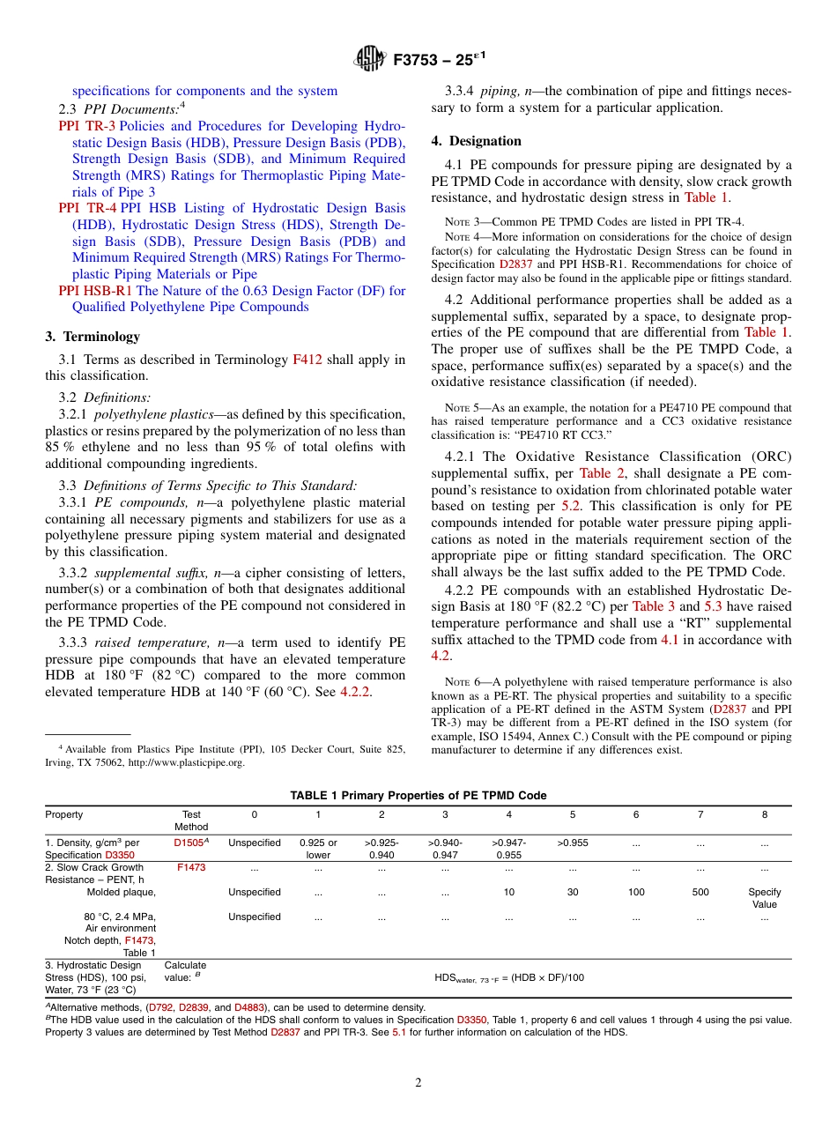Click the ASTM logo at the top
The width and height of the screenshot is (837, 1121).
369,59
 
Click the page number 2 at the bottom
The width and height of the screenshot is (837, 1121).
418,1083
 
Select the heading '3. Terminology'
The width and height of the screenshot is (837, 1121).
93,337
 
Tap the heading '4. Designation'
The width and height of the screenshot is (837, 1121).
476,141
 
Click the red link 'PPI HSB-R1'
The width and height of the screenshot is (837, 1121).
95,291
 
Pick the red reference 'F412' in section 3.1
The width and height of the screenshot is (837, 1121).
307,360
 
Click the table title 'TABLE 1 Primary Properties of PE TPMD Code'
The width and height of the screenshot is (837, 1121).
418,795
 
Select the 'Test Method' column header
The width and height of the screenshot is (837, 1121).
191,820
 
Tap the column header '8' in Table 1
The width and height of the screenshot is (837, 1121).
764,815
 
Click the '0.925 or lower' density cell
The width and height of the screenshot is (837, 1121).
318,849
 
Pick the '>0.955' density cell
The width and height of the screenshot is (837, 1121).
573,843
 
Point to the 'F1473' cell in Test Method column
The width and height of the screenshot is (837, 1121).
191,868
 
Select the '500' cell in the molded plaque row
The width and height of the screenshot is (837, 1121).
700,893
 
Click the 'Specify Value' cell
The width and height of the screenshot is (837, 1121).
764,898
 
